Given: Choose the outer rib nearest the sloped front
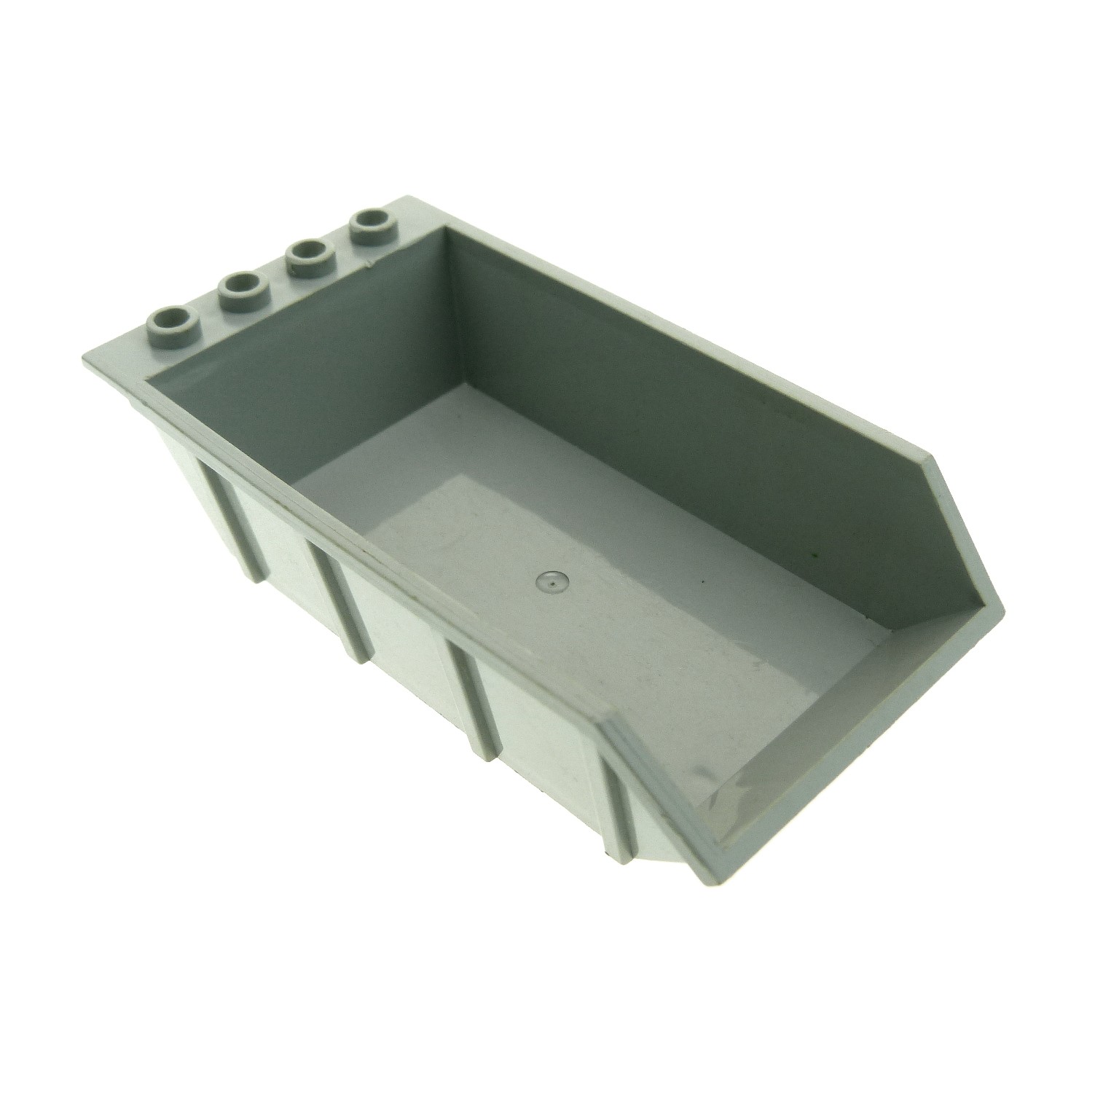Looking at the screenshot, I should click(618, 758).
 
